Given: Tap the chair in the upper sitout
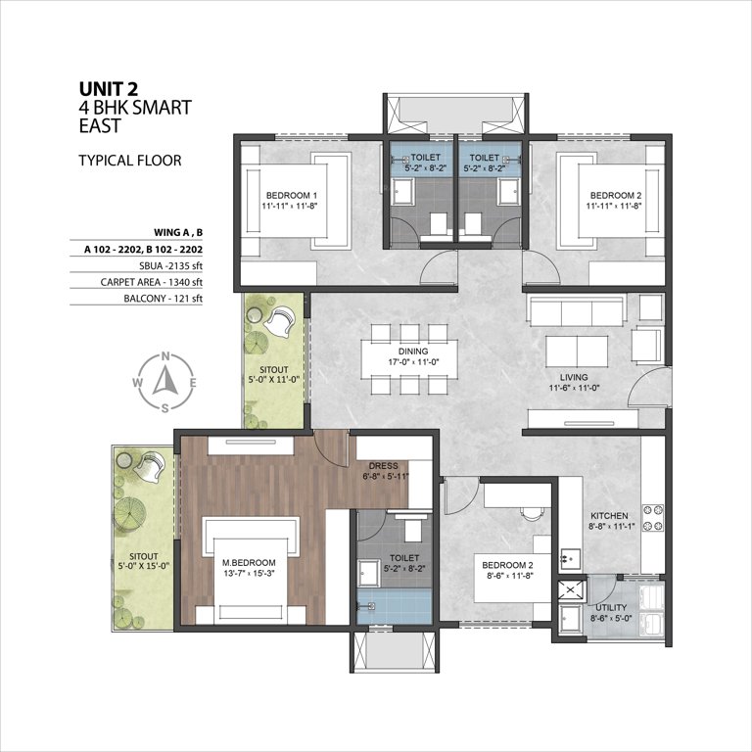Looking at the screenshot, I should pos(282,319).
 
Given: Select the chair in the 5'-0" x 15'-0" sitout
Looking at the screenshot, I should pos(149,466).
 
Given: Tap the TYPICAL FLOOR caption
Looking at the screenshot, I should pos(129,160).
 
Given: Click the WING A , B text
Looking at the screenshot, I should pos(177,232).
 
